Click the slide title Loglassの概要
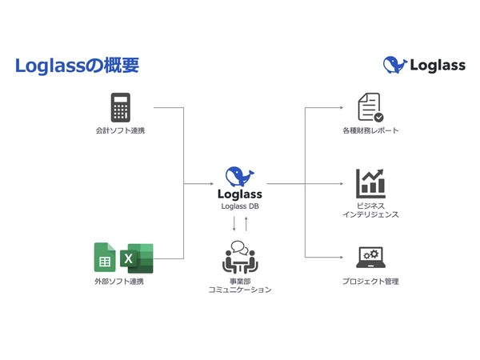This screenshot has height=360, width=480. pos(77,66)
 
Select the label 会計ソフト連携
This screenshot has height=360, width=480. pos(120,130)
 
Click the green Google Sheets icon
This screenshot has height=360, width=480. pos(105,257)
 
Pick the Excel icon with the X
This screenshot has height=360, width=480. pos(136,258)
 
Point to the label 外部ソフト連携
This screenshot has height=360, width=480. pos(119,282)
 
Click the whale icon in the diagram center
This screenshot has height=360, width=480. pos(240,176)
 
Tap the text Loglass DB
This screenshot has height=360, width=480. pos(240,206)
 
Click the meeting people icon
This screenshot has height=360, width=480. pos(240,256)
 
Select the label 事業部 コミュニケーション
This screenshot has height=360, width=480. pos(240,285)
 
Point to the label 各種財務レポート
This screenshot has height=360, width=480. pos(370,130)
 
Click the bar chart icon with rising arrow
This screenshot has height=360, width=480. pos(370,183)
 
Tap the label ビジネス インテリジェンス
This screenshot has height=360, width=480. pos(370,210)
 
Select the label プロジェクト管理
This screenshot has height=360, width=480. pos(370,282)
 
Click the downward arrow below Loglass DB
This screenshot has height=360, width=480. pos(234,223)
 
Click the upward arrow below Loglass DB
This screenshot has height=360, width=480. pos(246,223)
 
